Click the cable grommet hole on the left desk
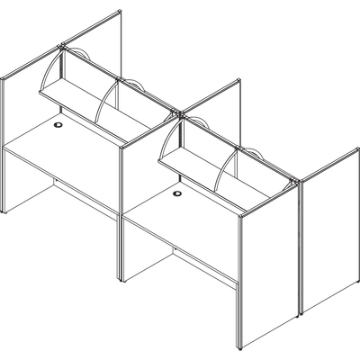(60, 125)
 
